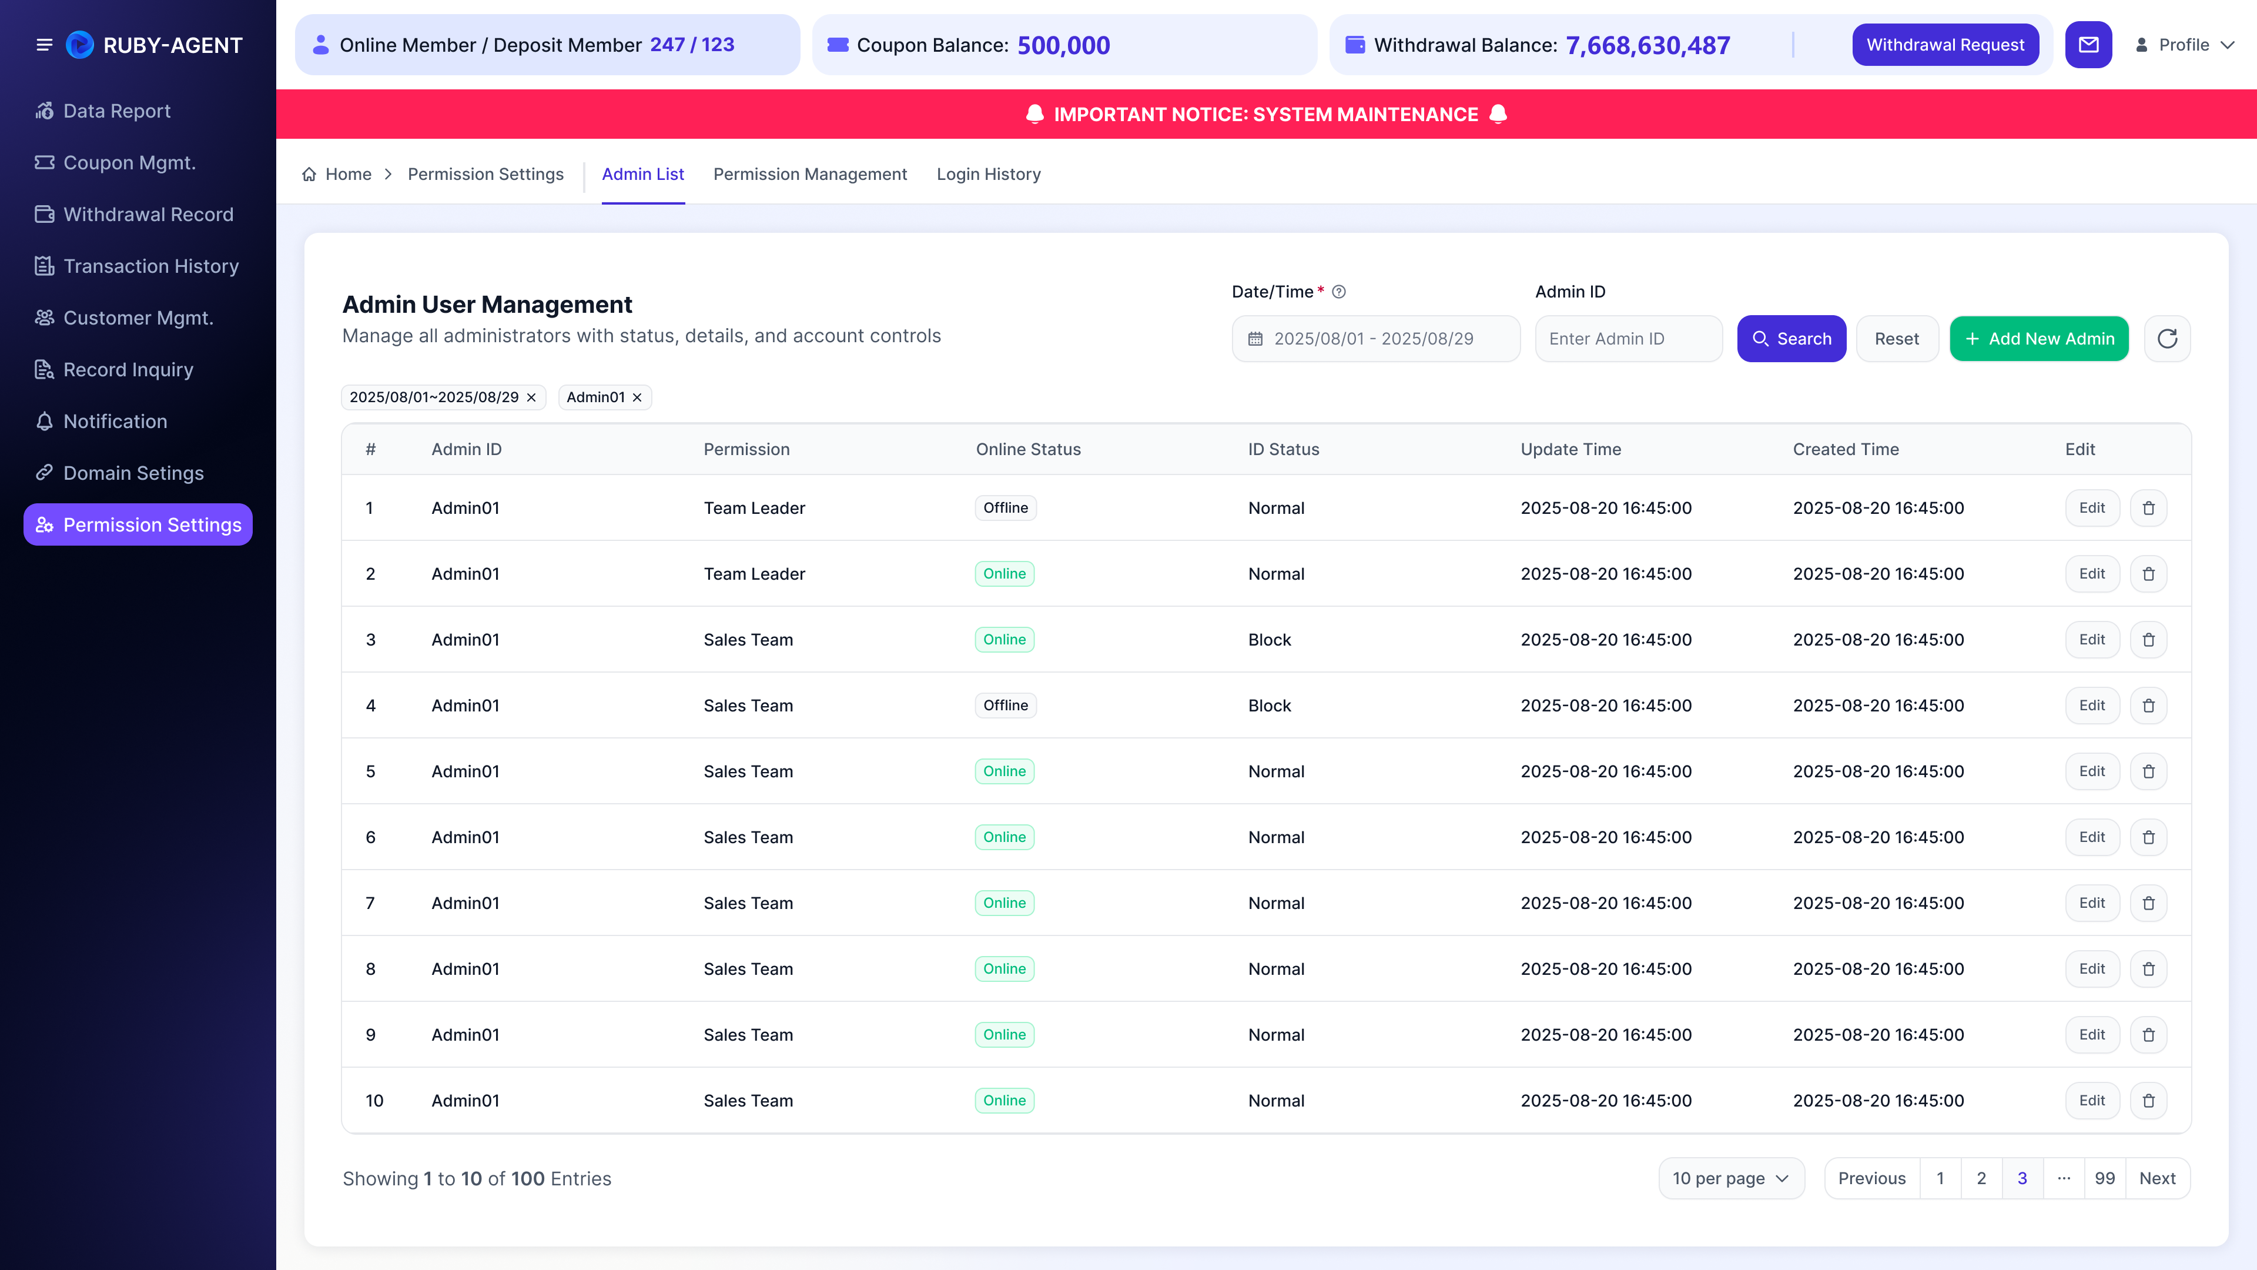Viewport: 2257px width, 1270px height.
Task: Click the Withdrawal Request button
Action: tap(1945, 45)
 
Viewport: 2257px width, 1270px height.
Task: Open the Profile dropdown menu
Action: tap(2185, 45)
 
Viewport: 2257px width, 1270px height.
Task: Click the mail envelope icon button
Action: tap(2089, 45)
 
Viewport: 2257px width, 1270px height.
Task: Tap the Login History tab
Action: tap(988, 175)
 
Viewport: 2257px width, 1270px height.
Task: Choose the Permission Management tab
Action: tap(809, 175)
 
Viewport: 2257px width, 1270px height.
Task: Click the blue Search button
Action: tap(1791, 338)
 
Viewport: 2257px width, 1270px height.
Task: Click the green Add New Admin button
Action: tap(2039, 338)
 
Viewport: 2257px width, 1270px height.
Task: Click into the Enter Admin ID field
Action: tap(1628, 338)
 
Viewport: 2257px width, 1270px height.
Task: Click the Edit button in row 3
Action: tap(2091, 640)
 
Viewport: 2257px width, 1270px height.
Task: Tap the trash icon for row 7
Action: tap(2148, 903)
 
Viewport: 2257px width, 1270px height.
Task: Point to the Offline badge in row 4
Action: tap(1005, 706)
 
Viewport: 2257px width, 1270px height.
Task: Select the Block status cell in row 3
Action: tap(1270, 640)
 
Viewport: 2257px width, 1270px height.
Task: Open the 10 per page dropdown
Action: tap(1730, 1178)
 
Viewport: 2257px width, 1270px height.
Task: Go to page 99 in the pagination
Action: tap(2105, 1178)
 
